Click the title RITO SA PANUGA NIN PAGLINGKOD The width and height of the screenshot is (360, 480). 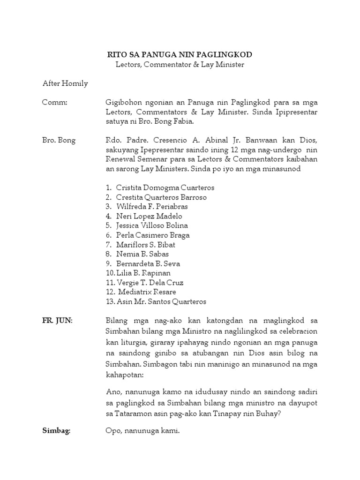pos(180,55)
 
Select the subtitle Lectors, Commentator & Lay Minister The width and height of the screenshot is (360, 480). pos(180,65)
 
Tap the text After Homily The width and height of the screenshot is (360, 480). pos(65,84)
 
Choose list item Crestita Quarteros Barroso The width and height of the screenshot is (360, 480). pos(161,197)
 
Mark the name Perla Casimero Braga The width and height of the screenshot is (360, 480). pos(153,235)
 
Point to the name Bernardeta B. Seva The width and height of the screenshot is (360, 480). pos(148,264)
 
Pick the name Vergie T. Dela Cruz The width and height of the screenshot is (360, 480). pos(150,283)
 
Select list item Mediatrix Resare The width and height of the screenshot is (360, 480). pos(147,292)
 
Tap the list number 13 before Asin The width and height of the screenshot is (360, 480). pos(110,302)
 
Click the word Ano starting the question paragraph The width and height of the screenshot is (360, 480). pos(114,391)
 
